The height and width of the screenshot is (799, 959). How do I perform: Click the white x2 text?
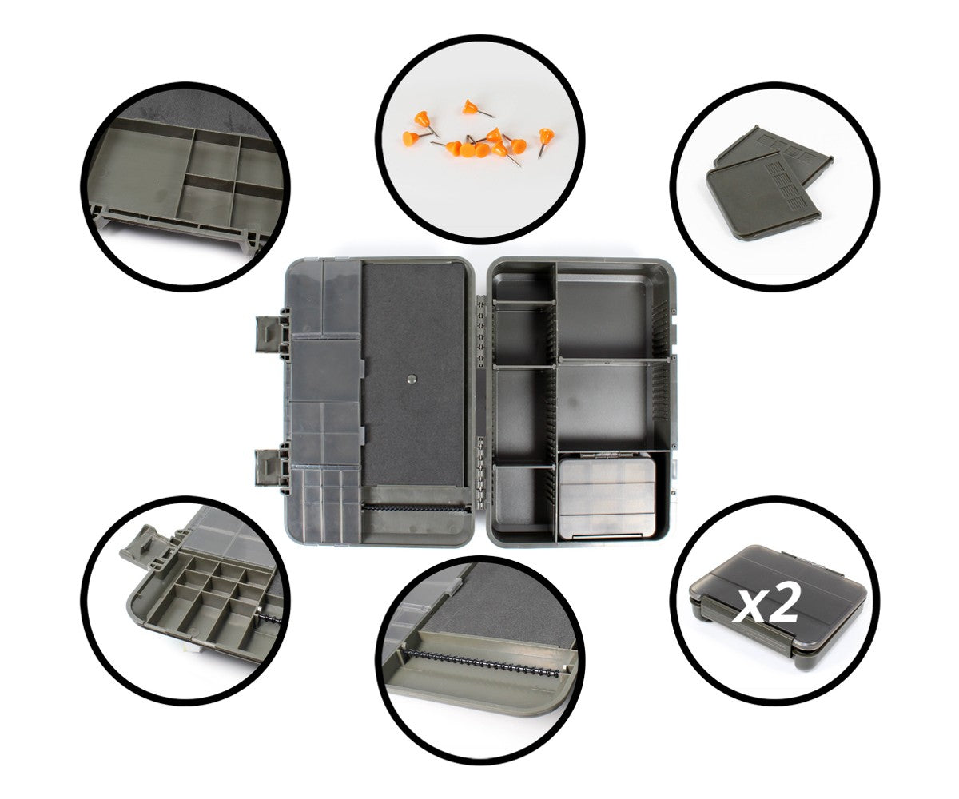tap(765, 602)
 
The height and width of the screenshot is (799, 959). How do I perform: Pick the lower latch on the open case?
tap(273, 467)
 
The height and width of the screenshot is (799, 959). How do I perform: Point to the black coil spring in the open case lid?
tap(416, 508)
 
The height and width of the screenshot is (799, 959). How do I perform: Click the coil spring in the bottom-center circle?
tap(482, 664)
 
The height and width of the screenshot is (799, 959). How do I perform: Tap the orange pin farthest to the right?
tap(545, 141)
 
